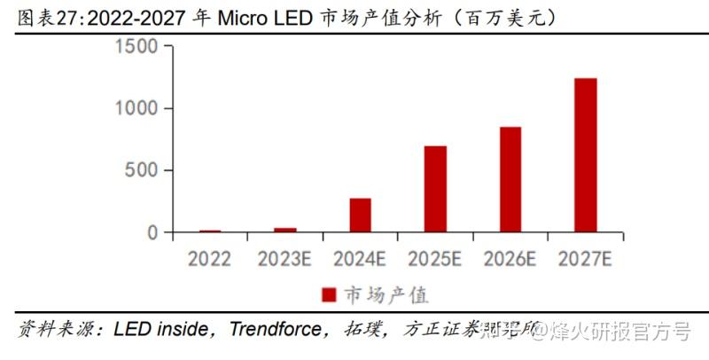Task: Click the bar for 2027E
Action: point(585,155)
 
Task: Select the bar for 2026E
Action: point(510,179)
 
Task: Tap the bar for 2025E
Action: point(435,189)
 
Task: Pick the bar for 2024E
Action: point(360,215)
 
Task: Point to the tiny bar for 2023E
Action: point(285,230)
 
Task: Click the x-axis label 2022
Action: point(210,259)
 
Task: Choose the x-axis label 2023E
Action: point(285,259)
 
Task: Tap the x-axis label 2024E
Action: point(360,259)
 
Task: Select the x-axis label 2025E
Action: point(435,259)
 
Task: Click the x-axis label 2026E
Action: point(510,259)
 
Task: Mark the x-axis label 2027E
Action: point(585,259)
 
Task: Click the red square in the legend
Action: point(328,294)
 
